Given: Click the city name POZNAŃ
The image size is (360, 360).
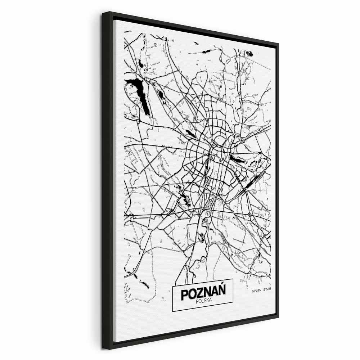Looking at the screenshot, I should (203, 293).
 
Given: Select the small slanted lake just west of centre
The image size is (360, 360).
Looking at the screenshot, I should (191, 134).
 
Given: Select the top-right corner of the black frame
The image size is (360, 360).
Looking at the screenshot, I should (278, 45).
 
